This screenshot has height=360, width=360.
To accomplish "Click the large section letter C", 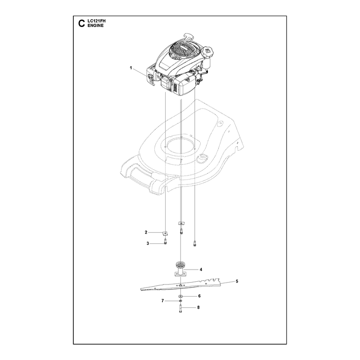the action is click(x=81, y=23).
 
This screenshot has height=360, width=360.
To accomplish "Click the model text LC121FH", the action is click(x=96, y=21).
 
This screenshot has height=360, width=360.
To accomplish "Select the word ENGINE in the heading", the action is click(x=95, y=26).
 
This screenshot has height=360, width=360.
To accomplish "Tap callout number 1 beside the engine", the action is click(x=131, y=68).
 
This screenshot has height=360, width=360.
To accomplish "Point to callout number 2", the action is click(x=146, y=232).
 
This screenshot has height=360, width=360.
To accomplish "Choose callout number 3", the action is click(x=148, y=243).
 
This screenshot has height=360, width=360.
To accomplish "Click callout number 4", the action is click(x=201, y=270).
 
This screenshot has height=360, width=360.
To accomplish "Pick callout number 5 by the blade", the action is click(x=237, y=281).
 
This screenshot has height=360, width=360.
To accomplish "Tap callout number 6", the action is click(x=199, y=296).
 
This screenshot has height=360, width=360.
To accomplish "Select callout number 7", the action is click(x=162, y=301).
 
